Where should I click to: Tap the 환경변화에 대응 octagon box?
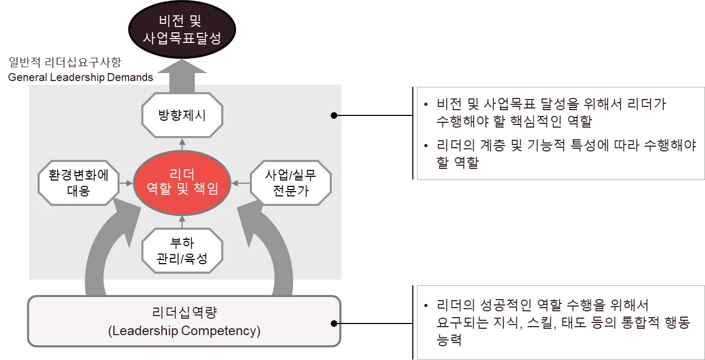[78, 183]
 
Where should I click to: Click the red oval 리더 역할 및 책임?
[182, 183]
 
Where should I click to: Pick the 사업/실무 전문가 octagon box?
[290, 183]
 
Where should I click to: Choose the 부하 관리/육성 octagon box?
[182, 251]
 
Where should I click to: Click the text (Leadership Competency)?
[184, 331]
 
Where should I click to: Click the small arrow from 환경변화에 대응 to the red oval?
[126, 183]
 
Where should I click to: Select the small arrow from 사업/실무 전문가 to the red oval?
[241, 183]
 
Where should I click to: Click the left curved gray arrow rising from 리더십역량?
[106, 249]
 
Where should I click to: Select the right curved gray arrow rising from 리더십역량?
[265, 249]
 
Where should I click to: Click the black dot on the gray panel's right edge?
[333, 115]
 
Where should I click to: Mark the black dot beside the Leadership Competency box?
[333, 323]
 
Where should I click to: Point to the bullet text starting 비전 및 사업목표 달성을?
[550, 112]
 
